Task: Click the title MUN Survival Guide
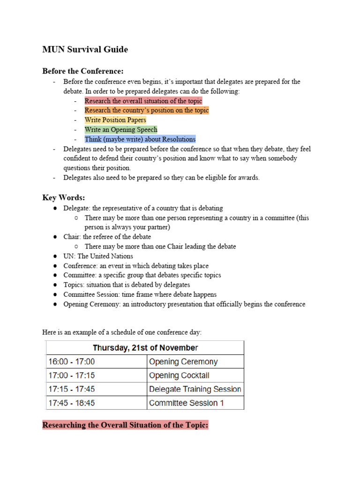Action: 85,50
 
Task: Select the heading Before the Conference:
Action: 82,71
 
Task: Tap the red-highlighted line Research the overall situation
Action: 143,101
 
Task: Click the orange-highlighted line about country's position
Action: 147,111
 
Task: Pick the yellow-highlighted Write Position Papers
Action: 115,120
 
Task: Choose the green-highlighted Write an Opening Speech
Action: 121,130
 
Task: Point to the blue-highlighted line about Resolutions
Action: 140,139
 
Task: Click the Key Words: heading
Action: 63,198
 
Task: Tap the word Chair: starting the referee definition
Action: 72,237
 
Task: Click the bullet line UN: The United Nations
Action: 98,256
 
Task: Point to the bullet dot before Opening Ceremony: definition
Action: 55,304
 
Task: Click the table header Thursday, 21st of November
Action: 145,348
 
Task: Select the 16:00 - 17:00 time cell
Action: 71,362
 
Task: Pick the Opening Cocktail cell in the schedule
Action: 179,375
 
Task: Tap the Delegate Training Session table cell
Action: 195,389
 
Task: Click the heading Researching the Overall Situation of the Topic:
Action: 125,426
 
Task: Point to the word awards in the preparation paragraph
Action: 248,178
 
